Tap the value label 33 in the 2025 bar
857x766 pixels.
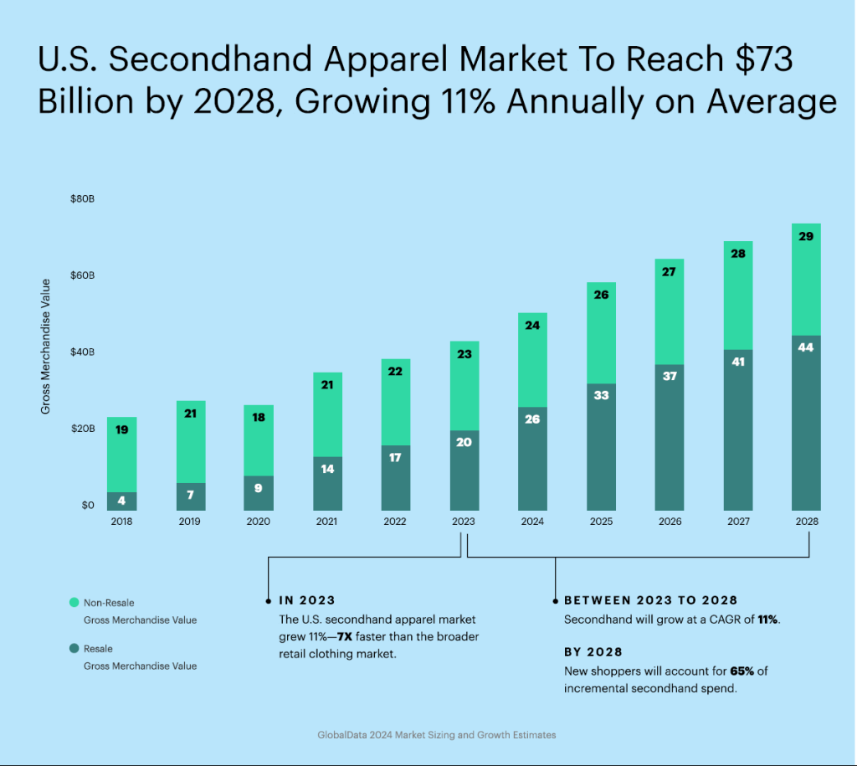601,395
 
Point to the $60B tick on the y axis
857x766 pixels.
82,275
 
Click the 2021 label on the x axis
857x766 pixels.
326,521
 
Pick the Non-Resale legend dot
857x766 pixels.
74,602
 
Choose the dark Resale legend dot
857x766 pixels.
74,648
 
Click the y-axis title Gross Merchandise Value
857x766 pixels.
46,346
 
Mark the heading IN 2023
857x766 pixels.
306,600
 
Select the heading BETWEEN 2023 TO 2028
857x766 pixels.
650,600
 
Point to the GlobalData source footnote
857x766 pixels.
436,735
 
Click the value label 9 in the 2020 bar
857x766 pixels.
259,487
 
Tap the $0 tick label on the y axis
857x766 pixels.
88,505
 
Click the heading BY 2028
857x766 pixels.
593,652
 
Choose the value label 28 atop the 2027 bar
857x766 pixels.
737,253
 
